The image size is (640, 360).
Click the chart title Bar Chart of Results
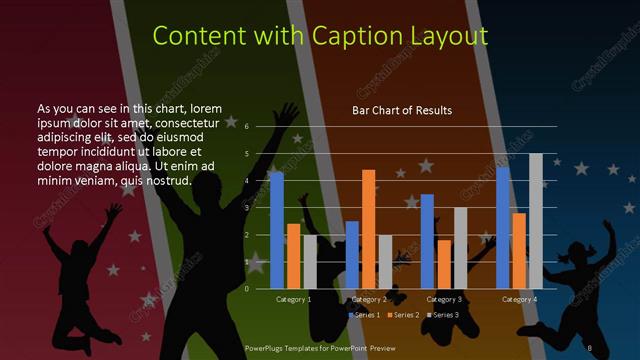point(401,110)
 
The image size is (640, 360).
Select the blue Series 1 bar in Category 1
point(277,230)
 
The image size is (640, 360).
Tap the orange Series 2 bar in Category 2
point(369,229)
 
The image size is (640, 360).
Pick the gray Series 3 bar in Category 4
point(536,221)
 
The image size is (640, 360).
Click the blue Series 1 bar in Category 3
point(427,241)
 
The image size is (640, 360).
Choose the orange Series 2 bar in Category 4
point(519,250)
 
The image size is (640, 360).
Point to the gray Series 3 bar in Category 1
point(310,262)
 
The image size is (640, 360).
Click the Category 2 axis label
point(369,299)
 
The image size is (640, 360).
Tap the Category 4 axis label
point(519,299)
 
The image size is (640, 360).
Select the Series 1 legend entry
point(364,315)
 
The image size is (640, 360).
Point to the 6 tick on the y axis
point(246,127)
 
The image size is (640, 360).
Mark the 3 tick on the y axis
point(246,208)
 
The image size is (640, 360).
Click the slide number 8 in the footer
point(590,347)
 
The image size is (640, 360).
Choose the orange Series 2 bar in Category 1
point(293,256)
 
